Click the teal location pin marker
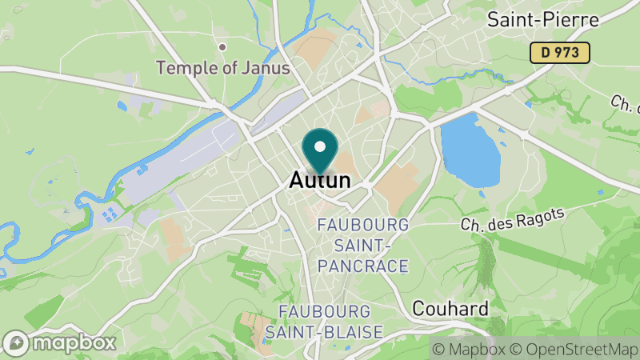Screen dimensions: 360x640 (x=320, y=152)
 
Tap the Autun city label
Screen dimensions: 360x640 (x=319, y=181)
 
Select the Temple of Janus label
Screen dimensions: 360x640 (x=223, y=68)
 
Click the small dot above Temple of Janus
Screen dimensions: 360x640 (x=222, y=48)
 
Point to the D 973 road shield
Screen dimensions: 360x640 (x=560, y=53)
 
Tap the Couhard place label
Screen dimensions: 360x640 (x=450, y=308)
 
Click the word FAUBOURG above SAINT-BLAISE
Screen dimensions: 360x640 (x=324, y=310)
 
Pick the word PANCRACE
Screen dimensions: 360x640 (x=363, y=266)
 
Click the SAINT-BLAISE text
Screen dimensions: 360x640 (x=325, y=330)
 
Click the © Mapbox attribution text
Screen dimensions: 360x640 (x=469, y=349)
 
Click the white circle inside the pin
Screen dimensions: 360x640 (x=320, y=146)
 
